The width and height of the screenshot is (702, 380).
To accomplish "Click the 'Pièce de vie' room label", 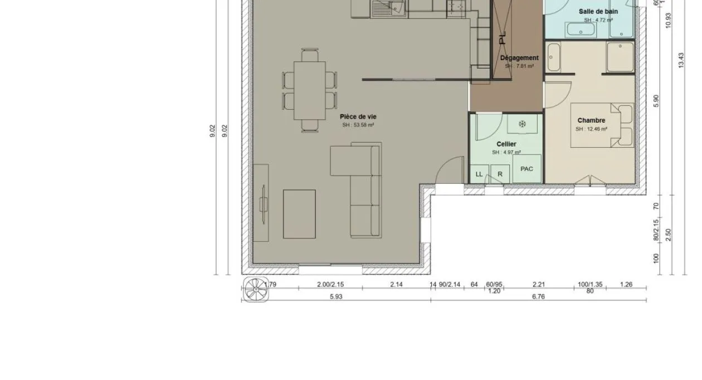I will coord(358,116).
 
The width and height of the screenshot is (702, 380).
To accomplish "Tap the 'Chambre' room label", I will coord(591,120).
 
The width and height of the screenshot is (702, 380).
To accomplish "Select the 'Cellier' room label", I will coord(506,144).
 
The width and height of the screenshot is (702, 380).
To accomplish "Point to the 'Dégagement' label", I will coord(519,58).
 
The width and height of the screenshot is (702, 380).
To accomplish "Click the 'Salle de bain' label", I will coord(598,12).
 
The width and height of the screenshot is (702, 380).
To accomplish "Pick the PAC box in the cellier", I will coord(526,169).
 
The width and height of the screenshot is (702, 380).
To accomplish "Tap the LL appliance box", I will coord(479,174).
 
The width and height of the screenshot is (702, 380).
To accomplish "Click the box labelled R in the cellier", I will coord(500,174).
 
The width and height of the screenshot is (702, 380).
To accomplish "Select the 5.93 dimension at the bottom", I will coord(335,297).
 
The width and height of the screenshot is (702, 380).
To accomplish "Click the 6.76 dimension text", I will coord(538,297).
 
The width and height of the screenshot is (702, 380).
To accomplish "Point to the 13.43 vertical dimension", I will coord(680,60).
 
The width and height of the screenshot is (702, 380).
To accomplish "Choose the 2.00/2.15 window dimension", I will coord(330,285).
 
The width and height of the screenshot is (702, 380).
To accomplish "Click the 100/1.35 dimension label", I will coord(590,285).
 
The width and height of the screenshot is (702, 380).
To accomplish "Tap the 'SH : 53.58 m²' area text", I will coord(358,125).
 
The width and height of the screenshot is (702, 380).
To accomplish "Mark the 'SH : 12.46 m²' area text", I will coord(591,129).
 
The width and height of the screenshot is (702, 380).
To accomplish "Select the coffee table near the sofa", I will coord(299,214).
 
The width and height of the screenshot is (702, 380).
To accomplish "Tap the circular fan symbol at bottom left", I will coord(256,289).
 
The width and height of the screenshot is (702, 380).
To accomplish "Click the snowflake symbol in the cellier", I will coord(522,124).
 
